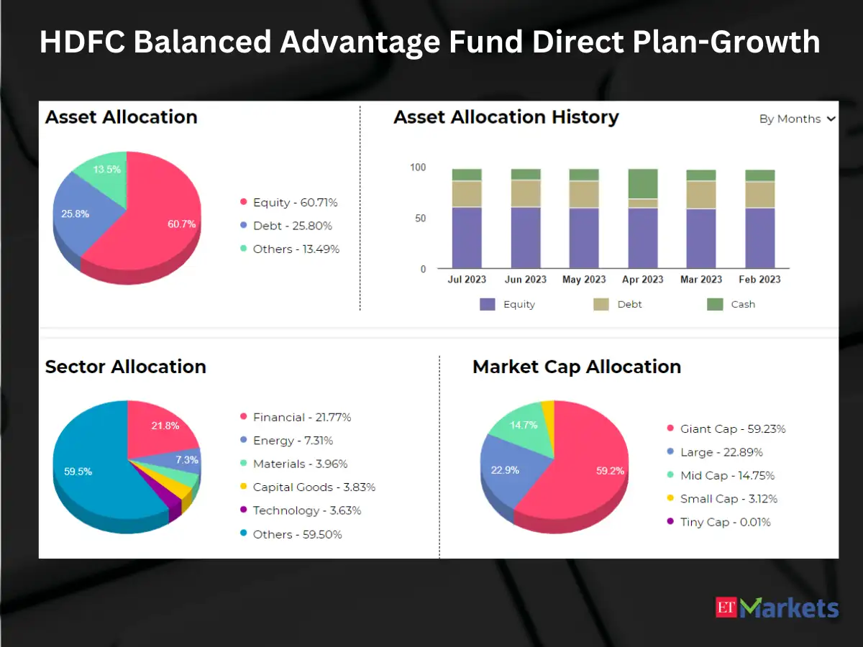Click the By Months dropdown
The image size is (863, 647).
[x=797, y=119]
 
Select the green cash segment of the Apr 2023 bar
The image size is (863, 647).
[x=643, y=184]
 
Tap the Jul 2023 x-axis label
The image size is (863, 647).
[x=467, y=280]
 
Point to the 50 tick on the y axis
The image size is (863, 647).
[x=420, y=218]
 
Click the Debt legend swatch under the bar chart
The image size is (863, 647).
[x=601, y=304]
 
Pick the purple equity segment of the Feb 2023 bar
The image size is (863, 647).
[x=760, y=238]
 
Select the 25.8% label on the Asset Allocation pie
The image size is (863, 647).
[x=75, y=214]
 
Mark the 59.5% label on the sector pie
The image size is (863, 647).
[x=78, y=472]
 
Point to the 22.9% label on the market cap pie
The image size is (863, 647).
[x=505, y=470]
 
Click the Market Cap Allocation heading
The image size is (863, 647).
[x=577, y=367]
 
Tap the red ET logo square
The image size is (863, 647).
[x=726, y=607]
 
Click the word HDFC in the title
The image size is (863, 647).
[x=82, y=42]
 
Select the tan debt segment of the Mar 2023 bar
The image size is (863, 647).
[x=701, y=195]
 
